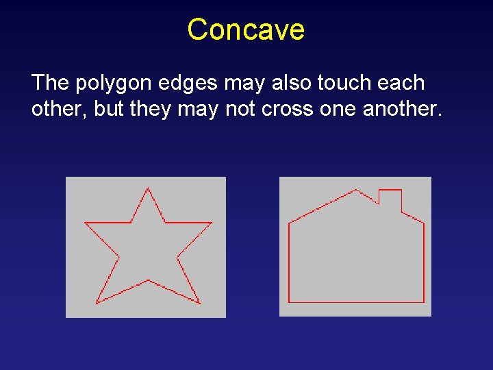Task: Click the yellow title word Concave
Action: point(246,29)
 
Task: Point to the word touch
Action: point(347,83)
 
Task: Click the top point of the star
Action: point(148,188)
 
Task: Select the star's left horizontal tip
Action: point(85,223)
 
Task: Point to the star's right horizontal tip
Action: point(211,223)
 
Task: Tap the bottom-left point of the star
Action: point(97,303)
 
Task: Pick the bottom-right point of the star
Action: point(199,303)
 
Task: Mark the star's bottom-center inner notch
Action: point(148,280)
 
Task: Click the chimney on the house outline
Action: point(390,198)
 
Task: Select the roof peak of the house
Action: point(356,190)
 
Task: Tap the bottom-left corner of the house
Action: point(290,301)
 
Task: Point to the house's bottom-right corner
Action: point(424,301)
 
